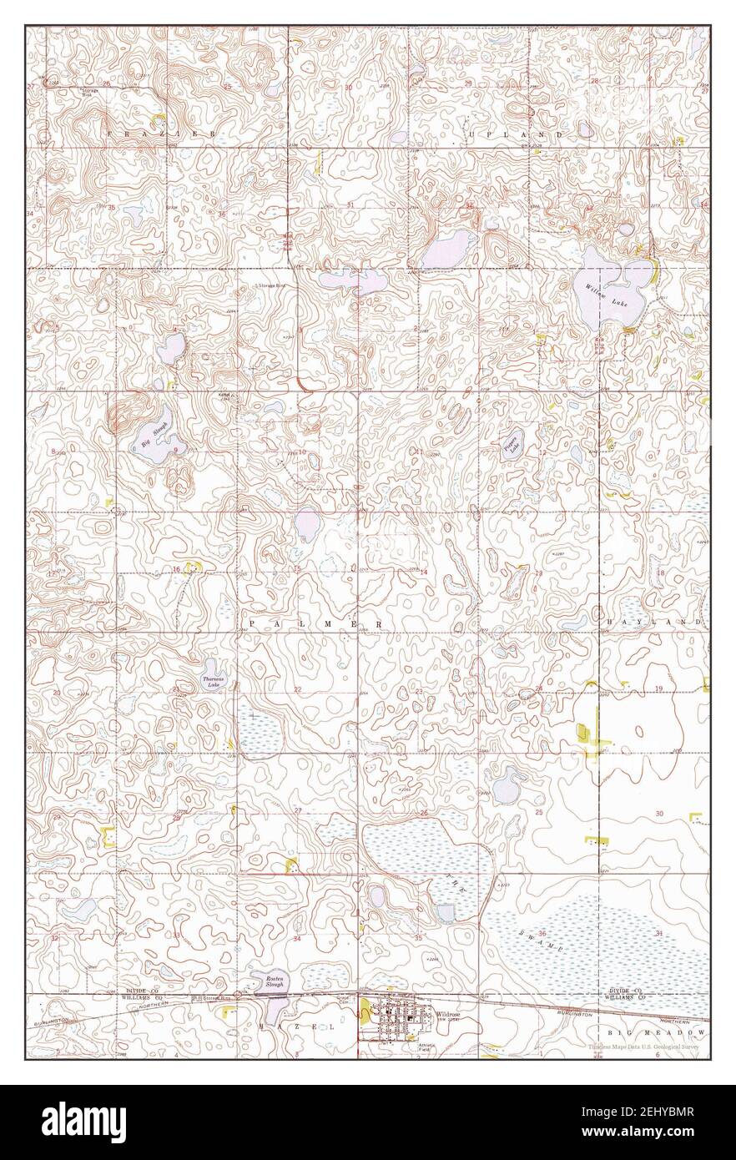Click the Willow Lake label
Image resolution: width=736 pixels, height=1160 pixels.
(x=605, y=293)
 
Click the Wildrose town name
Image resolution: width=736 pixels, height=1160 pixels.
(x=441, y=1013)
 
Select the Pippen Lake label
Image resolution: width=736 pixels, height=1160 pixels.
(x=511, y=443)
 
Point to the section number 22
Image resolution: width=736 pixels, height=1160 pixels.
(x=298, y=688)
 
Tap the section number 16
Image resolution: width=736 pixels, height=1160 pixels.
(x=176, y=569)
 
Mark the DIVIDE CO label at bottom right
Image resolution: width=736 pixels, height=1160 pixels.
(x=626, y=989)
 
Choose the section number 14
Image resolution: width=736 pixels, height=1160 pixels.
(x=423, y=572)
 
